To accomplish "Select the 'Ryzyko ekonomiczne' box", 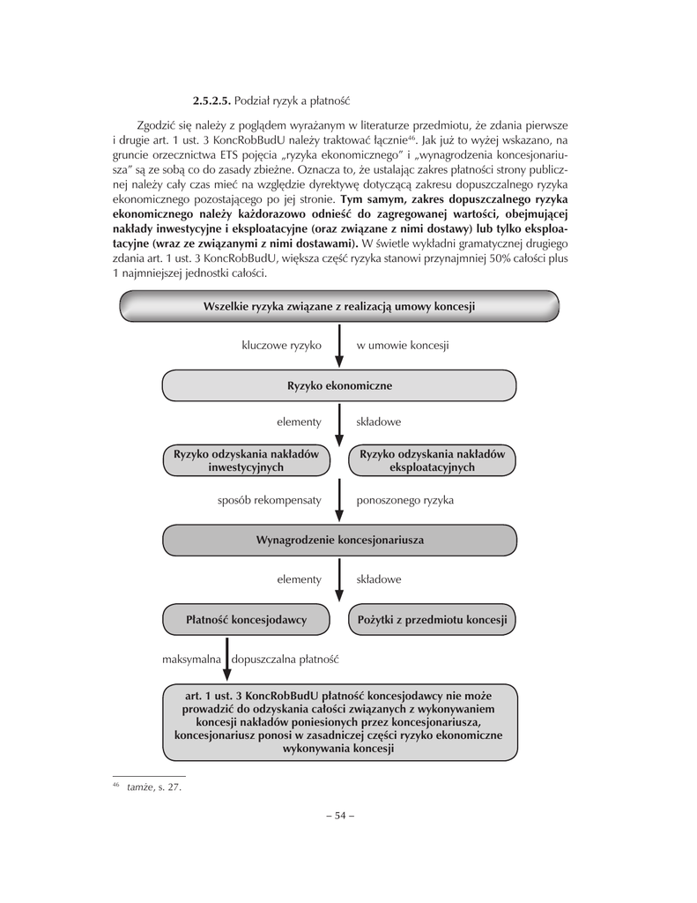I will click(339, 386).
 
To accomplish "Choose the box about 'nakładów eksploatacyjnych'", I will click(433, 460).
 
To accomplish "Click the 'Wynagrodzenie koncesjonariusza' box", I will click(339, 540).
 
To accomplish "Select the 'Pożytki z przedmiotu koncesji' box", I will click(433, 620).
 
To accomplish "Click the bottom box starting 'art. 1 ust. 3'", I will click(339, 722).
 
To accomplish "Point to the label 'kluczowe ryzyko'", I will click(281, 345).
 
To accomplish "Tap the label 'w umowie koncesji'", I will click(403, 345).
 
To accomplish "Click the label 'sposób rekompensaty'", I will click(269, 501).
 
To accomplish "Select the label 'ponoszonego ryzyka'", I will click(404, 501).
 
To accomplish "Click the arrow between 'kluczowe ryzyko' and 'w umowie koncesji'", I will click(339, 347).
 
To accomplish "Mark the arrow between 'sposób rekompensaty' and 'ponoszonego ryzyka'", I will click(339, 503).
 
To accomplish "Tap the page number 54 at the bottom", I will click(339, 815).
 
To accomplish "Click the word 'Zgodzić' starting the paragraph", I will click(157, 124).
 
